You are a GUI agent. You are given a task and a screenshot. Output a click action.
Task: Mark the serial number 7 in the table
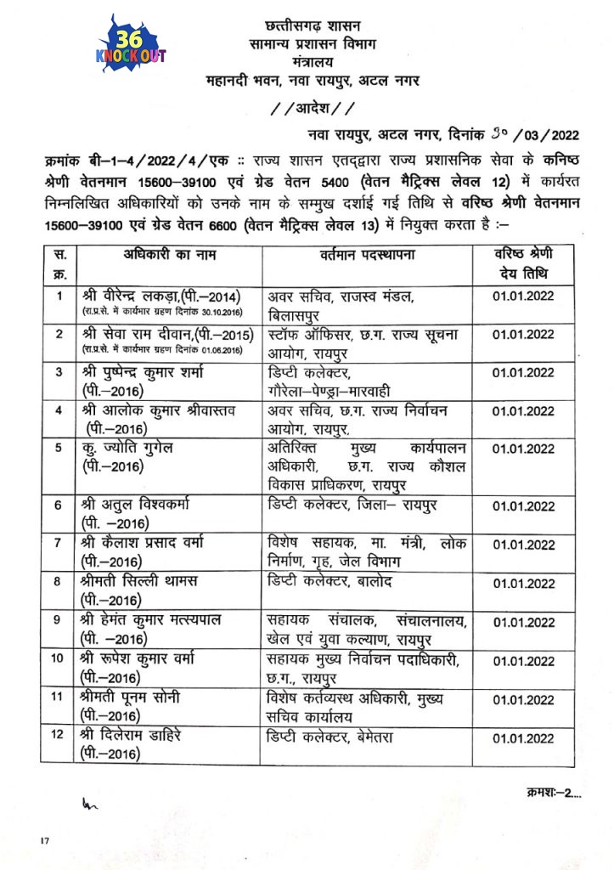(58, 543)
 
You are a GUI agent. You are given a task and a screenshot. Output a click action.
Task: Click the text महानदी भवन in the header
(242, 81)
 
